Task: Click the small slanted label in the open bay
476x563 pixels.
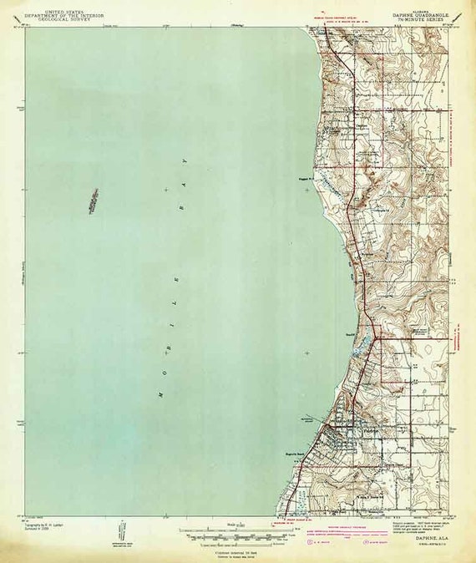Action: click(x=92, y=200)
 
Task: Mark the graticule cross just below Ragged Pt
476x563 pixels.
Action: click(x=306, y=190)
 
